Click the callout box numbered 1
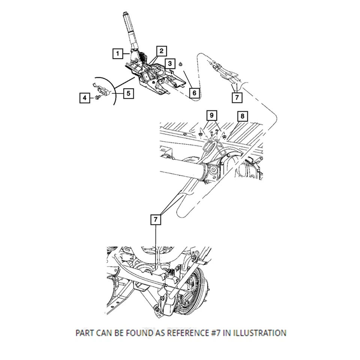click(x=118, y=54)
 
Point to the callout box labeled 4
click(x=85, y=98)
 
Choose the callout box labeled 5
click(x=128, y=93)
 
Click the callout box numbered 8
click(x=242, y=116)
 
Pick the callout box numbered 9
click(x=211, y=114)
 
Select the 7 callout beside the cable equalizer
click(x=237, y=97)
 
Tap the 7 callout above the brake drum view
click(x=156, y=219)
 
